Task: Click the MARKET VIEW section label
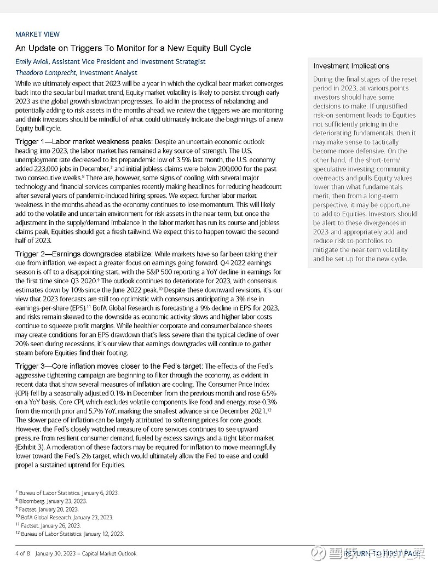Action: (x=37, y=34)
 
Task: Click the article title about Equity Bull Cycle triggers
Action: (x=133, y=48)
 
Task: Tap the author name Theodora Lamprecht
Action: (x=46, y=72)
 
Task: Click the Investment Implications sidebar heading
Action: (x=351, y=66)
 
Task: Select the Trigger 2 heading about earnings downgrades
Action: (x=84, y=254)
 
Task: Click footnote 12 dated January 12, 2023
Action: (x=70, y=534)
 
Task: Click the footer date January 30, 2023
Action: (x=55, y=553)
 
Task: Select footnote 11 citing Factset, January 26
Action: (x=51, y=525)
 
